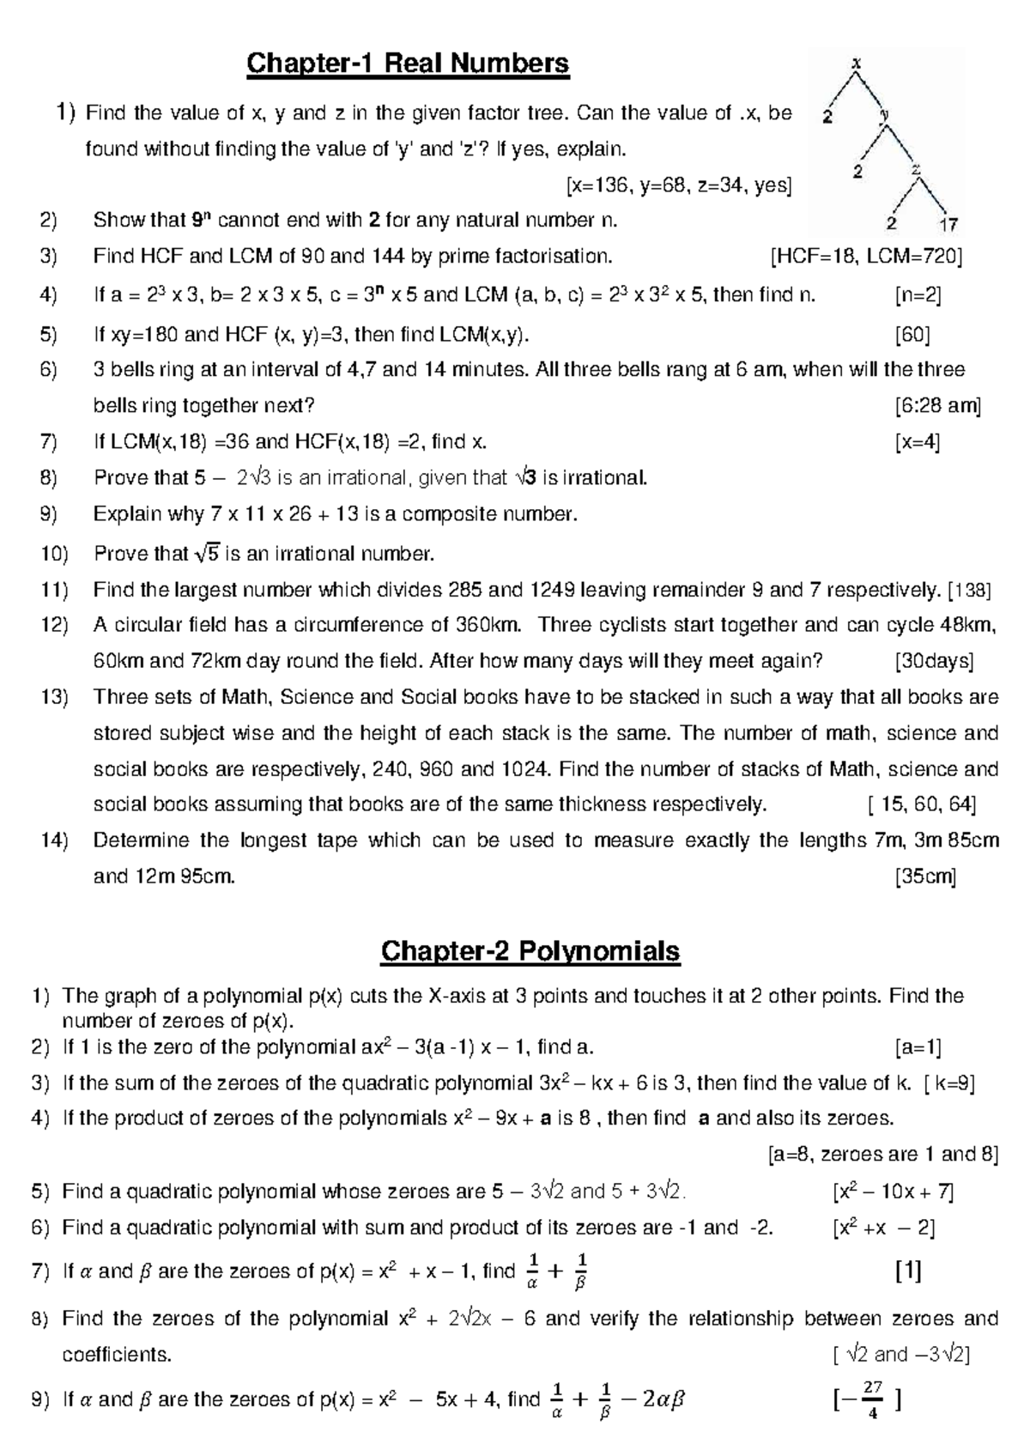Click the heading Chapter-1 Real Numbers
409,64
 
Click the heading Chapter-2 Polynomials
530,951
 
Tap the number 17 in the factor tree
948,226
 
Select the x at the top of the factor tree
855,62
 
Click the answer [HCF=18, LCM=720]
867,256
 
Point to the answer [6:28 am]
937,405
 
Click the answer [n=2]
918,295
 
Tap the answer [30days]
934,661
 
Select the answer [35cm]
925,877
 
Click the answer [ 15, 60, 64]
922,804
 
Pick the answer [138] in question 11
970,590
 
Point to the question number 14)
54,840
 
